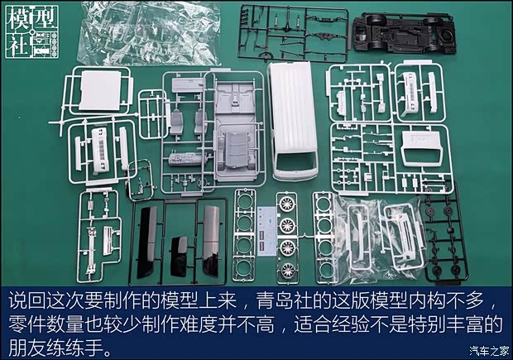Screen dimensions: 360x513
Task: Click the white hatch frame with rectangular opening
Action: click(422, 149)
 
